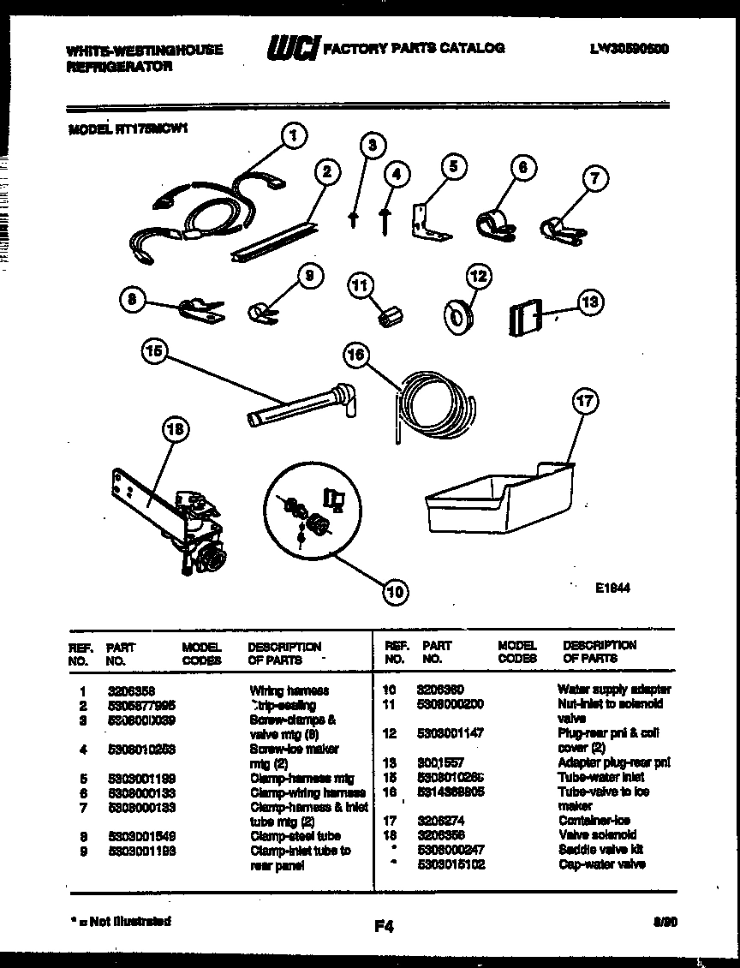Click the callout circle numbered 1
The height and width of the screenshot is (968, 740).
point(293,134)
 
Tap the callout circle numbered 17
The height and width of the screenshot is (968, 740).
point(586,401)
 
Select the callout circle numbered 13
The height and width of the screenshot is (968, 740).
point(590,302)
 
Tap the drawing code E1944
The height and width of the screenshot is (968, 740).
point(612,589)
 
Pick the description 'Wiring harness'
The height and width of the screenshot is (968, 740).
point(289,690)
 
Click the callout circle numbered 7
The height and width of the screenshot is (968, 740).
point(596,179)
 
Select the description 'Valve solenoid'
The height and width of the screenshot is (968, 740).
point(597,835)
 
